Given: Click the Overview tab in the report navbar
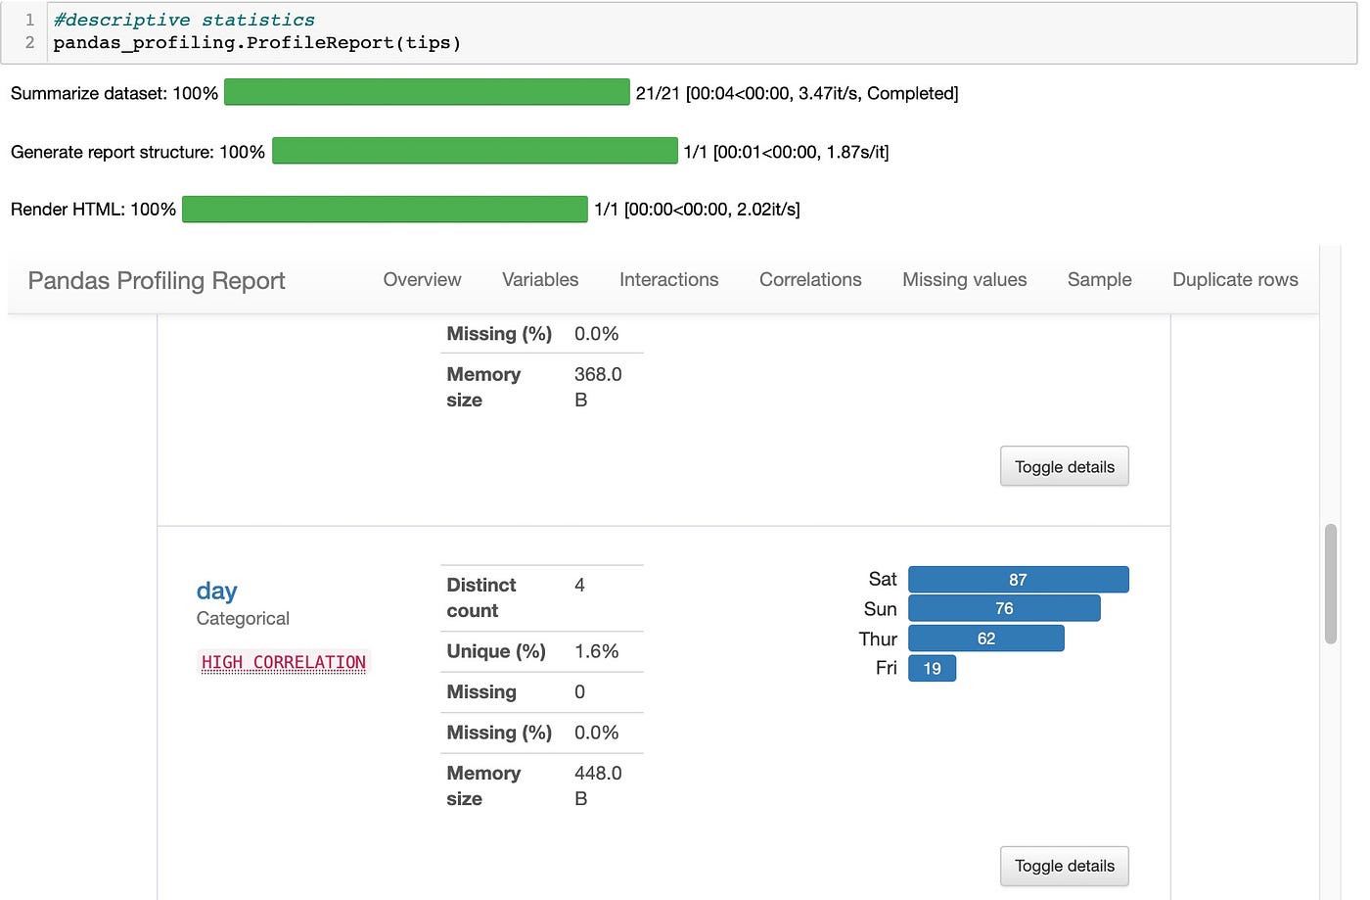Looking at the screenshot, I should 422,280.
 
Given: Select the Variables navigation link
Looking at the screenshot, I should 540,280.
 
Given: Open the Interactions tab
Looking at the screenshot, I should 668,280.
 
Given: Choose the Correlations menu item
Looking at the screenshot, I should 810,280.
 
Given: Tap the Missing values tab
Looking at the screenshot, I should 964,280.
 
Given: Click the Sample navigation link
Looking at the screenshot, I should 1099,280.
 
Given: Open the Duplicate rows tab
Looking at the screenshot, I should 1235,280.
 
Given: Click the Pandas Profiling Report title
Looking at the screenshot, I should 157,281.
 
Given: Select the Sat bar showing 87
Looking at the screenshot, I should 1018,580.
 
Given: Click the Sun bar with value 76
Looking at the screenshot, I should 1004,608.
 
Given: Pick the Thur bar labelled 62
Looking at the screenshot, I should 985,639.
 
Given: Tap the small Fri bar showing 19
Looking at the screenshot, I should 932,668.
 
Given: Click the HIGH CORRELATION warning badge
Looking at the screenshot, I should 284,663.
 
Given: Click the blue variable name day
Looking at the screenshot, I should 216,592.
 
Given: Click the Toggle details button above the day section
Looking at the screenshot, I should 1064,467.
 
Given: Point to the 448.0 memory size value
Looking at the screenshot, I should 598,774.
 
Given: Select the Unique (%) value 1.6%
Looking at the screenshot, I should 596,651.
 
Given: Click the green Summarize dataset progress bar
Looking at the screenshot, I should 427,93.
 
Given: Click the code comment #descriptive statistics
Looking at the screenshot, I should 184,20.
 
